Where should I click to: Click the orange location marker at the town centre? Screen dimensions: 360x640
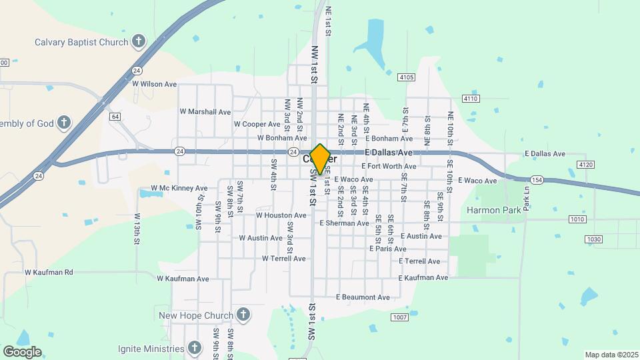click(x=320, y=159)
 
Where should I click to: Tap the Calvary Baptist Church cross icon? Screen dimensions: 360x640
click(x=139, y=42)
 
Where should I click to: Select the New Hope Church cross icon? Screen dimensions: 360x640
click(x=243, y=315)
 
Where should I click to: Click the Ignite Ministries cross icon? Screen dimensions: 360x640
click(x=194, y=348)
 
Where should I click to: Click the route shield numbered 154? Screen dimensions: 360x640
click(x=537, y=180)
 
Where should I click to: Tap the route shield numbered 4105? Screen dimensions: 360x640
click(x=407, y=77)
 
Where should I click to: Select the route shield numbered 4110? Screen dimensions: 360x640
click(x=471, y=99)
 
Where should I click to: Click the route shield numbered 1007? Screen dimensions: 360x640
click(x=399, y=317)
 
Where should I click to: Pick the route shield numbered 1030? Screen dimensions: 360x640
click(x=593, y=239)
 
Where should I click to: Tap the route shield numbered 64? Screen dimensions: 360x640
click(x=115, y=117)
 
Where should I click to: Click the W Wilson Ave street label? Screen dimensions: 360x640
click(x=154, y=84)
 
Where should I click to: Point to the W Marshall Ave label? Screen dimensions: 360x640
click(x=205, y=111)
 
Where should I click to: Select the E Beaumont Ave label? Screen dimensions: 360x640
click(x=363, y=297)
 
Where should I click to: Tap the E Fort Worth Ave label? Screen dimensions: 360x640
click(x=389, y=166)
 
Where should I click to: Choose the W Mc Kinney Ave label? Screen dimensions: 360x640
click(x=179, y=188)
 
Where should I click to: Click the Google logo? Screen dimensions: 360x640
click(x=22, y=352)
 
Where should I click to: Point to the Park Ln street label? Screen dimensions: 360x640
click(x=526, y=198)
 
